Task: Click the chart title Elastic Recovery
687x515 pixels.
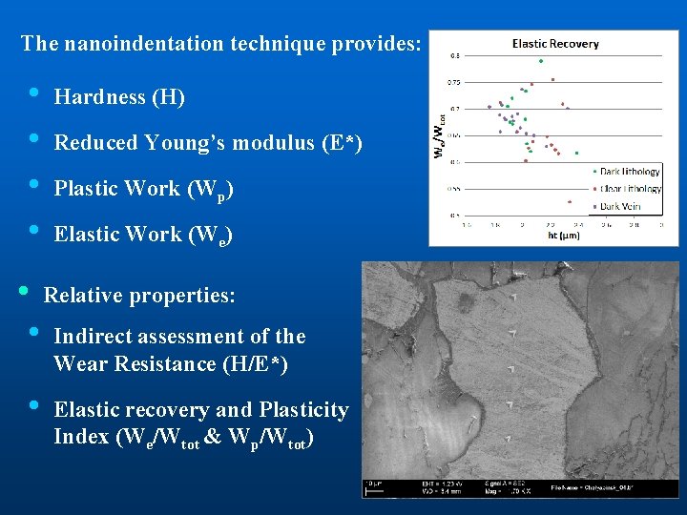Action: coord(555,43)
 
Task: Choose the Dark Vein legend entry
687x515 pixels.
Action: coord(620,206)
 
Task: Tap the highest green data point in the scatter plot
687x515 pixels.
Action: coord(540,61)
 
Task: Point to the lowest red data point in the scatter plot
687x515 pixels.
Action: coord(570,202)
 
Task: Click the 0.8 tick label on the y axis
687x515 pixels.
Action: coord(455,55)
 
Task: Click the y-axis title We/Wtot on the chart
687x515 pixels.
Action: coord(439,136)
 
